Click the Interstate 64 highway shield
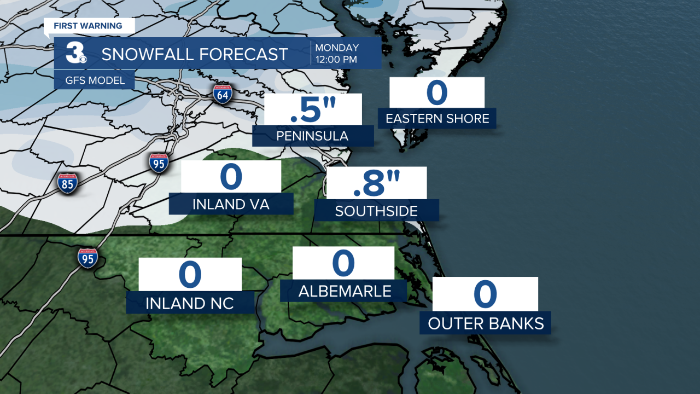pyautogui.click(x=223, y=94)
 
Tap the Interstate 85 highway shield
pyautogui.click(x=67, y=183)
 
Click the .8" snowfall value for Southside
pyautogui.click(x=376, y=183)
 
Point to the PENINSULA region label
pyautogui.click(x=312, y=136)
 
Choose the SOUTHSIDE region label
pyautogui.click(x=376, y=211)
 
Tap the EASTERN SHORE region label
pyautogui.click(x=437, y=119)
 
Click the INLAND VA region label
pyautogui.click(x=231, y=204)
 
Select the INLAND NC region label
pyautogui.click(x=190, y=303)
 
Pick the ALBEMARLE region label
pyautogui.click(x=344, y=291)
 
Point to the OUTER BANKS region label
pyautogui.click(x=486, y=323)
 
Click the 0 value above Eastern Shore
pyautogui.click(x=437, y=92)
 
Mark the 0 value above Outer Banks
pyautogui.click(x=486, y=294)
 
